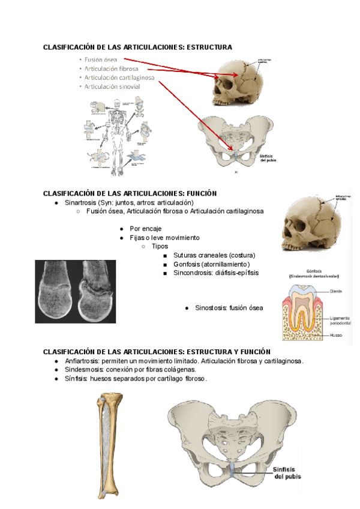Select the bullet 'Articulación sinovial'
(112, 86)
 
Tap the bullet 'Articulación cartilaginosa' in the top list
(119, 77)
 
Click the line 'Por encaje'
(146, 229)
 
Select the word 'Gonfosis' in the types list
(187, 264)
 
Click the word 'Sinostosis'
(210, 308)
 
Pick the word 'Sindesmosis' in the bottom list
(84, 370)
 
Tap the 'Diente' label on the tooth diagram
(336, 291)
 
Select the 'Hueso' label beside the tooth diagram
(336, 335)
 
